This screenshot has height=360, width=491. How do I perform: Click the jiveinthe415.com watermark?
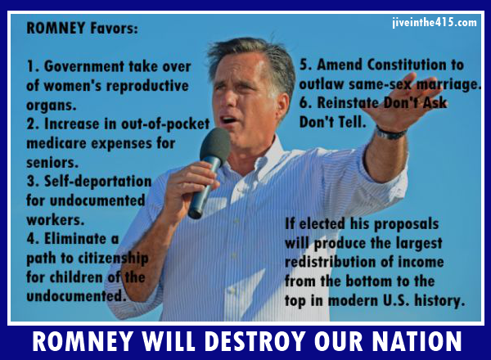[435, 22]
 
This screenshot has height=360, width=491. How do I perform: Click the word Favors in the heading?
[114, 28]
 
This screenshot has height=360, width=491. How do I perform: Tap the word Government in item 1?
[84, 66]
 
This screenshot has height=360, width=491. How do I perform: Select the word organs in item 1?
[51, 106]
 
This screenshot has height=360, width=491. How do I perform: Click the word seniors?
[52, 163]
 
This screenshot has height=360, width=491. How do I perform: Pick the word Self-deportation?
[97, 182]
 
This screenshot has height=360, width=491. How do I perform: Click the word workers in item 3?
[55, 220]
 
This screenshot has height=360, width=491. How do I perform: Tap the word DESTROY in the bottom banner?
[255, 341]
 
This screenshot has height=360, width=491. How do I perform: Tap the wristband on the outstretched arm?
[390, 133]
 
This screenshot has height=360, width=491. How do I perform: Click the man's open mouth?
[229, 120]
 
